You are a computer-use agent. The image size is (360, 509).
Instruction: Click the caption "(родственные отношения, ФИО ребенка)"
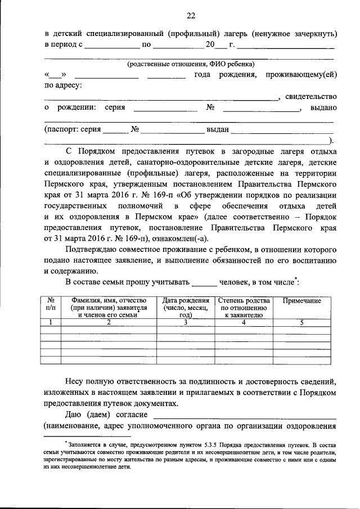(191, 64)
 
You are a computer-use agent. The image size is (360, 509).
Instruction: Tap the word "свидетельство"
(310, 96)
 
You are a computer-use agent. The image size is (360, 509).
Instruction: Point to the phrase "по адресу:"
(63, 85)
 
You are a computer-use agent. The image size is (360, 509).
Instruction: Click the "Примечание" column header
(301, 301)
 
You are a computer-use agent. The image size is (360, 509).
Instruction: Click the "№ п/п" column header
(51, 304)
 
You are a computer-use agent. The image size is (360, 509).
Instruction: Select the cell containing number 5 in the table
(301, 322)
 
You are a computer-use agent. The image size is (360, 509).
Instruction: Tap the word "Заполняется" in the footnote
(85, 444)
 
